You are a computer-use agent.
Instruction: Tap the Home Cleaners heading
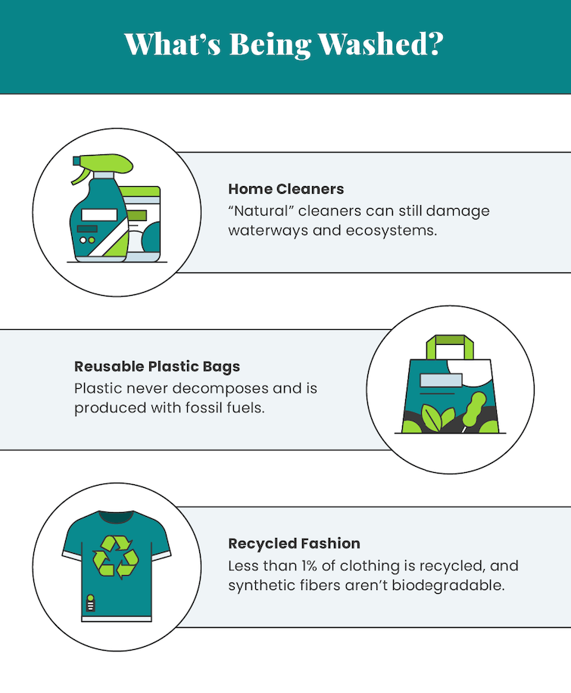click(286, 189)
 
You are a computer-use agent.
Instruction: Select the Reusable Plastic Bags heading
click(157, 367)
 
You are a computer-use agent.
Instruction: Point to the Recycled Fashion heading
click(294, 544)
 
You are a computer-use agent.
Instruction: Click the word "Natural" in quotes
click(261, 211)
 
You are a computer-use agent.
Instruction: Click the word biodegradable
click(448, 585)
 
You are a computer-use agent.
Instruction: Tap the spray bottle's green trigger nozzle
click(102, 166)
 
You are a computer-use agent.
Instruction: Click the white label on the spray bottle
click(99, 215)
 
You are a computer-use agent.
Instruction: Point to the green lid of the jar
click(139, 191)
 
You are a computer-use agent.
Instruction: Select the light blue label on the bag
click(441, 380)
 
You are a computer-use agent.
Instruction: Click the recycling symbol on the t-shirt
click(115, 556)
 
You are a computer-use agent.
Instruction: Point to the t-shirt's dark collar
click(117, 517)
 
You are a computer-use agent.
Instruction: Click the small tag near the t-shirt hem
click(91, 603)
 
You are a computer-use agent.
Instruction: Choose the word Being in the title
click(270, 45)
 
